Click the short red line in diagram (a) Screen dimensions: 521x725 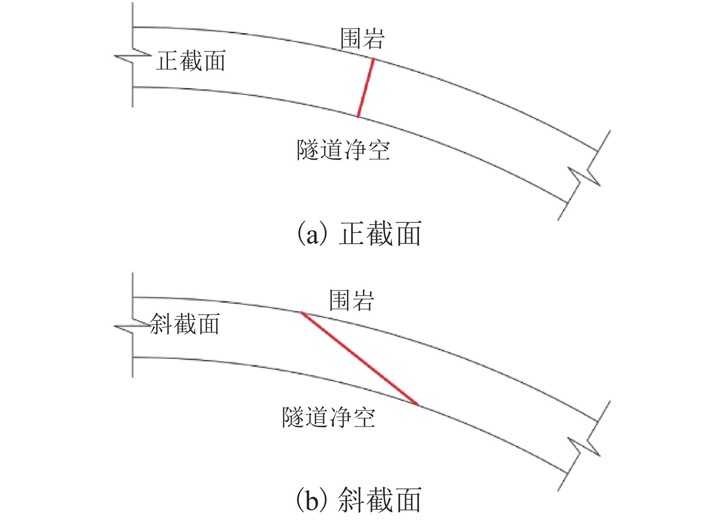pos(365,87)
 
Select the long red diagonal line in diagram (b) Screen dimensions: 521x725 pos(360,359)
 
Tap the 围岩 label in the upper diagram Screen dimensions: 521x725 pos(362,38)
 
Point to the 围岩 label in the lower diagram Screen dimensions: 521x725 pos(351,301)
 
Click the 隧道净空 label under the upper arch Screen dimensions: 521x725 pos(343,150)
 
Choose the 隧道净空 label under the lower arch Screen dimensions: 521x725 pos(329,417)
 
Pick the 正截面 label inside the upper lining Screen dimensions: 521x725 pos(191,61)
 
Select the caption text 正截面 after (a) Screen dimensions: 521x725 pos(380,234)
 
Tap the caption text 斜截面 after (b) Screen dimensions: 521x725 pos(380,500)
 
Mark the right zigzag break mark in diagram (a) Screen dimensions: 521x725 pos(584,176)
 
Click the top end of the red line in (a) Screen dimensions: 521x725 pos(373,59)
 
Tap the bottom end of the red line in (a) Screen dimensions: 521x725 pos(358,116)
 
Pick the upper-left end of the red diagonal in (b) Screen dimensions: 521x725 pos(302,313)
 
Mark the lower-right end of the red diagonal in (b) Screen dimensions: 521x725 pos(418,405)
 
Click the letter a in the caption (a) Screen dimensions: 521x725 pos(313,235)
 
